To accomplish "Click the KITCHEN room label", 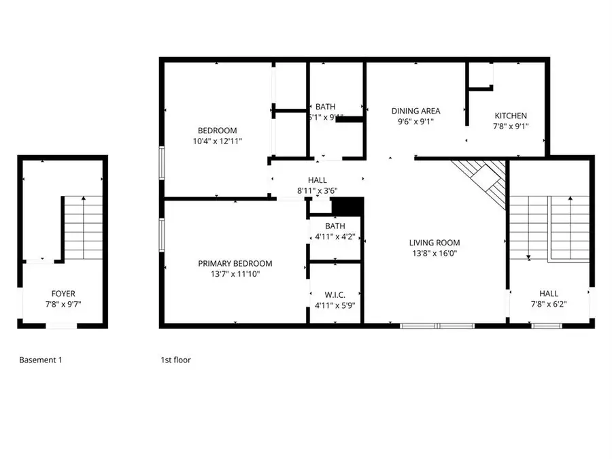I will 510,116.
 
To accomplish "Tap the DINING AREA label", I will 415,111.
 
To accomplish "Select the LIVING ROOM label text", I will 434,243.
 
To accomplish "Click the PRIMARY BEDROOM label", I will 235,264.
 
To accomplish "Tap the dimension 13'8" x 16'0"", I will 434,253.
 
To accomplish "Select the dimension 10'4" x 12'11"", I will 217,141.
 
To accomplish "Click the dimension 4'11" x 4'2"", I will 335,237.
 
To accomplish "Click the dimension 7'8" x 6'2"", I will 549,305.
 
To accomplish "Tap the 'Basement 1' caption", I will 40,360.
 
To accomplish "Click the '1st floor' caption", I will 175,360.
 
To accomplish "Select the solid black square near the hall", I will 347,206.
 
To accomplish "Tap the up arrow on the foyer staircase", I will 84,199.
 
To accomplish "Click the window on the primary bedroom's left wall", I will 162,235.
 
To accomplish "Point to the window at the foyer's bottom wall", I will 61,326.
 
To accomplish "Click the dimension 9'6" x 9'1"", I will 415,122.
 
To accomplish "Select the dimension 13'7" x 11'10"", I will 235,274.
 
